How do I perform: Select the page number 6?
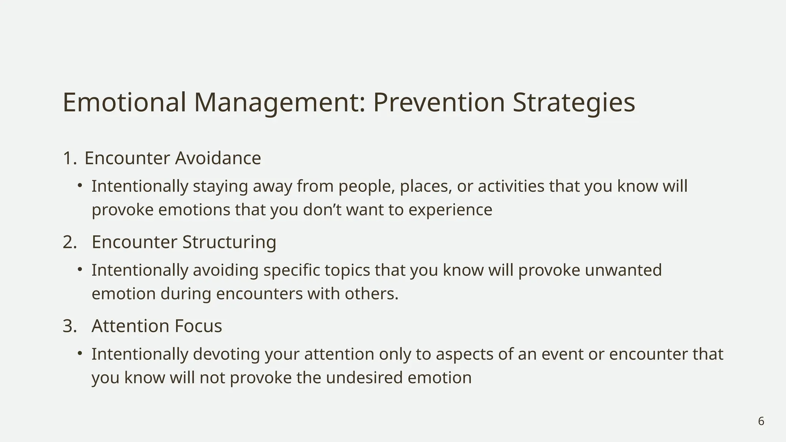coord(761,421)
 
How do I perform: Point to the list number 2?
coord(69,242)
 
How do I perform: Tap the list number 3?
coord(69,326)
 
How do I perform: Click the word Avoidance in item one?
coord(218,158)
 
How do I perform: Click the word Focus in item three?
coord(198,326)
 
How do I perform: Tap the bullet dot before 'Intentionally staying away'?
coord(80,186)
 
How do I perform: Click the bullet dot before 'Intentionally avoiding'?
coord(80,270)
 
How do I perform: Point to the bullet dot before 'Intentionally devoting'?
coord(80,353)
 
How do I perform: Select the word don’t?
coord(322,210)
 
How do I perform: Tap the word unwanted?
coord(623,270)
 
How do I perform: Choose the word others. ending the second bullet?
coord(371,294)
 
